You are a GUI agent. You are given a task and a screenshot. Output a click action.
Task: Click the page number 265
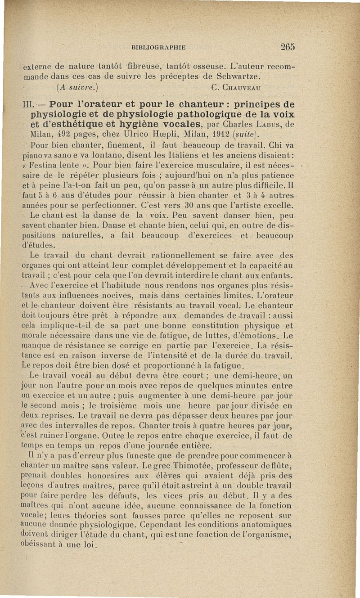click(287, 46)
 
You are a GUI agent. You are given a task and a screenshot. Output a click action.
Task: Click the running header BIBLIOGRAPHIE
click(159, 47)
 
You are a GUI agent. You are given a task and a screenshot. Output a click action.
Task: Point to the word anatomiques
click(269, 525)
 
